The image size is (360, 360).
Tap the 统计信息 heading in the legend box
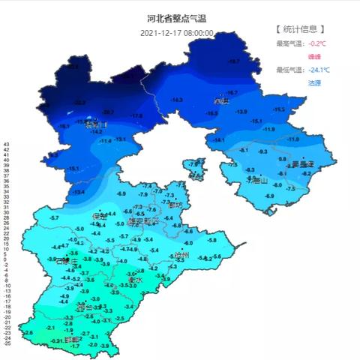point(300,29)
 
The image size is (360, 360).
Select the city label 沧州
point(178,256)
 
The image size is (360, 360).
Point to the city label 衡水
point(136,280)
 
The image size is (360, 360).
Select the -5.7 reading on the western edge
point(54,217)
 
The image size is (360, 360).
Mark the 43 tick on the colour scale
point(6,143)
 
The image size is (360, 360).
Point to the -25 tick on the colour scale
point(7,344)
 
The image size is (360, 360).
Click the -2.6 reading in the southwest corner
point(29,332)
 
